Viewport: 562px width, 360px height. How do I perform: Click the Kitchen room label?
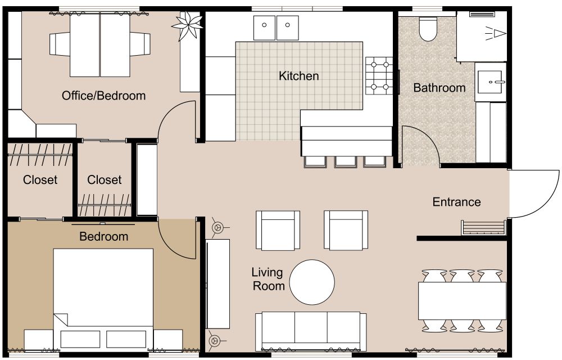(x=299, y=76)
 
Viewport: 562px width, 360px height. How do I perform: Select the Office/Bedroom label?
(x=103, y=96)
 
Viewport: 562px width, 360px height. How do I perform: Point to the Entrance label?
(x=456, y=202)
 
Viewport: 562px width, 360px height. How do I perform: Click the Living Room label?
(x=268, y=279)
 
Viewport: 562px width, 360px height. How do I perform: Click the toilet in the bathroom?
(x=428, y=30)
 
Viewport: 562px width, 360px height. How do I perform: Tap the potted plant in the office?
(x=187, y=25)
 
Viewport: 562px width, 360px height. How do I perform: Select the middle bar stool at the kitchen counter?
(x=345, y=161)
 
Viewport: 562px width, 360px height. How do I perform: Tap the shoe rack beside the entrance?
(x=483, y=228)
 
